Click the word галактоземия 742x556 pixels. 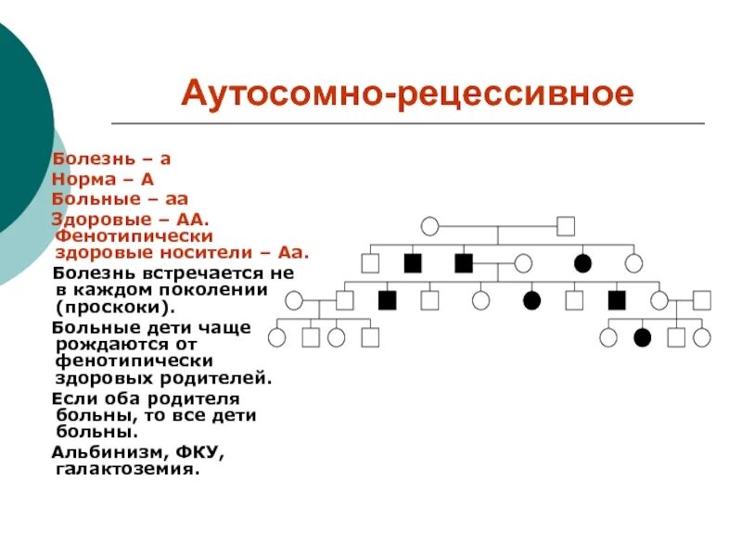point(127,470)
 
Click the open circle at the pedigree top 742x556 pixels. point(429,225)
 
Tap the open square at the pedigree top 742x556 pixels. point(566,225)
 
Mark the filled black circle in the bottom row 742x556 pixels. point(642,337)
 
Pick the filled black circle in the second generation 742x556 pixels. point(582,263)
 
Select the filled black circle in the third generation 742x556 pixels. point(531,300)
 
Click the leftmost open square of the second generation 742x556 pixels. point(370,263)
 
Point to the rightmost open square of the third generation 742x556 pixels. point(701,300)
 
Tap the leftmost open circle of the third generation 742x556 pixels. point(294,300)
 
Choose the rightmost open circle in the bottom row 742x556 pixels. point(701,337)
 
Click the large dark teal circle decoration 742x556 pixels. point(19,130)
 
